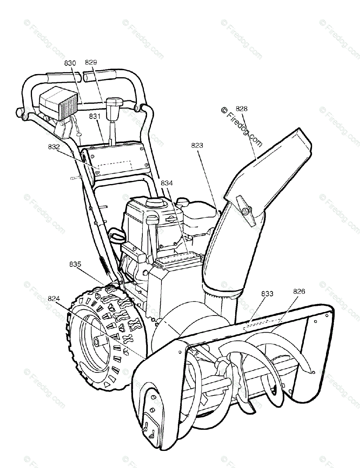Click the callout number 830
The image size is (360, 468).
(x=71, y=62)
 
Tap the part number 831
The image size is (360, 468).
(x=95, y=116)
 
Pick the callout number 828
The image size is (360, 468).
(x=241, y=109)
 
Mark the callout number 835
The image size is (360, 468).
(x=75, y=264)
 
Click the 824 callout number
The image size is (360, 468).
(x=54, y=299)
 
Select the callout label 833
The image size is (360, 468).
(x=267, y=294)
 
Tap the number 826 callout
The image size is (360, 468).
(x=299, y=291)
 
